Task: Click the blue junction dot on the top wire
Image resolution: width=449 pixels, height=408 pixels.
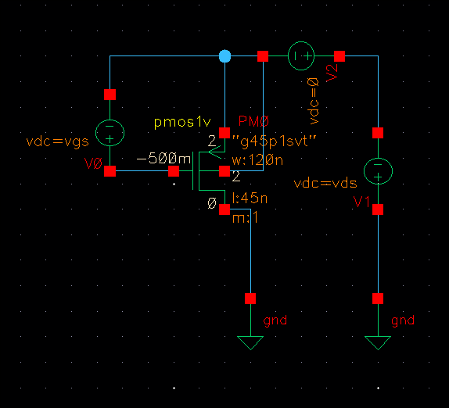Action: [x=224, y=56]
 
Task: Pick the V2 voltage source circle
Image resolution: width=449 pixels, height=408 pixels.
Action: [x=301, y=42]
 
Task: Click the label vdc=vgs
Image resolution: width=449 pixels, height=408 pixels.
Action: [x=58, y=141]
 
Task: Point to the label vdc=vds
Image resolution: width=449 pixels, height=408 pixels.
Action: [x=325, y=183]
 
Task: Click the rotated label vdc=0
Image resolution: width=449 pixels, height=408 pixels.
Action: [x=313, y=101]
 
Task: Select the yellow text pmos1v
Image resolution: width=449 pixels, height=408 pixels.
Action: [x=182, y=123]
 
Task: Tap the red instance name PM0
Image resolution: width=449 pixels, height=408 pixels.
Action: [x=253, y=121]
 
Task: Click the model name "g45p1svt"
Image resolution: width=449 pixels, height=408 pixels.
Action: [x=275, y=141]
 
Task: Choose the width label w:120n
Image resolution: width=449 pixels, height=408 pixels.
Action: [x=257, y=160]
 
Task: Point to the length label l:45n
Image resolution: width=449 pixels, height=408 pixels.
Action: [x=250, y=198]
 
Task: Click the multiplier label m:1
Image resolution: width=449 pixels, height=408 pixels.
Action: [x=245, y=218]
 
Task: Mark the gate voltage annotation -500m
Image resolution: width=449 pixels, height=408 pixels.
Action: [x=163, y=158]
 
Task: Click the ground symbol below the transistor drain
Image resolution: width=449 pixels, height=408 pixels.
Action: [x=250, y=343]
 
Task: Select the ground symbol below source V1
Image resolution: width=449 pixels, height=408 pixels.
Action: [x=378, y=343]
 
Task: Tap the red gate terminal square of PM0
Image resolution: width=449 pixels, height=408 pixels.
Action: [x=174, y=171]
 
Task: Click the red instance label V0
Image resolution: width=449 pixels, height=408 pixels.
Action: [x=93, y=163]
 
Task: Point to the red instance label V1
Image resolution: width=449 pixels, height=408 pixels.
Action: [x=361, y=202]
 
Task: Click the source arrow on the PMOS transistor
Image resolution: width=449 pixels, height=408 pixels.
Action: [x=215, y=152]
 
